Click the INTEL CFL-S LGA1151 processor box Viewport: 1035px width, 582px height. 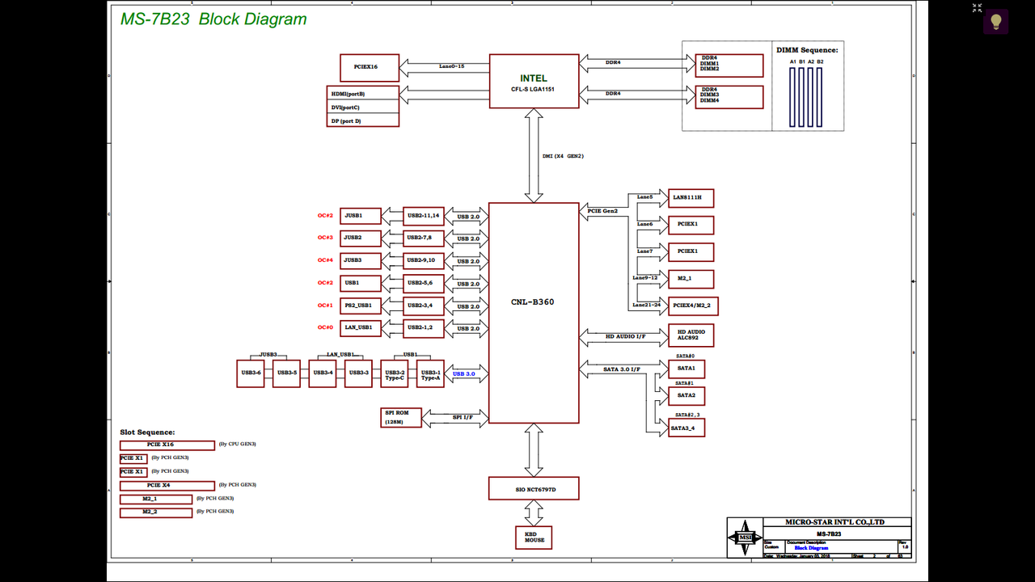pyautogui.click(x=534, y=81)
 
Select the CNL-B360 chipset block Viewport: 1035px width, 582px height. pyautogui.click(x=534, y=313)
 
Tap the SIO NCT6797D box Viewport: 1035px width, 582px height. pyautogui.click(x=534, y=488)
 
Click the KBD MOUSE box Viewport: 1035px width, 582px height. pyautogui.click(x=534, y=537)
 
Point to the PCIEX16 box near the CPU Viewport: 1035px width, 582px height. pyautogui.click(x=370, y=67)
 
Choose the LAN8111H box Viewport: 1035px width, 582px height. pyautogui.click(x=691, y=197)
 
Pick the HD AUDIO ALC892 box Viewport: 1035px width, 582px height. pyautogui.click(x=691, y=335)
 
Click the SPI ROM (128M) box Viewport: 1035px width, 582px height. pyautogui.click(x=401, y=417)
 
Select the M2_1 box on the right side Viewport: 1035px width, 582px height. pyautogui.click(x=691, y=279)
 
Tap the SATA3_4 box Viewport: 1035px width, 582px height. pyautogui.click(x=686, y=427)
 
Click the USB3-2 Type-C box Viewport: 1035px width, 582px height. pyautogui.click(x=395, y=374)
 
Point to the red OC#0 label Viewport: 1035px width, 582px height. pyautogui.click(x=325, y=327)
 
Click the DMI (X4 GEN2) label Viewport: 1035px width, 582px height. pyautogui.click(x=563, y=156)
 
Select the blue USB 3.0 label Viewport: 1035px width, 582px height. pyautogui.click(x=464, y=374)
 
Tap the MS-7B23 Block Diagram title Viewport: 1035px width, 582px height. pyautogui.click(x=213, y=19)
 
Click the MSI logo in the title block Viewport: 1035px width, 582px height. pyautogui.click(x=744, y=538)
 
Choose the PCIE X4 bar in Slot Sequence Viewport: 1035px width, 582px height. pyautogui.click(x=167, y=486)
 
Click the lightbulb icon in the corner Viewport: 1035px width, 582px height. pyautogui.click(x=995, y=21)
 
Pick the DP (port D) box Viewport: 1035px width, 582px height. pyautogui.click(x=363, y=120)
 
